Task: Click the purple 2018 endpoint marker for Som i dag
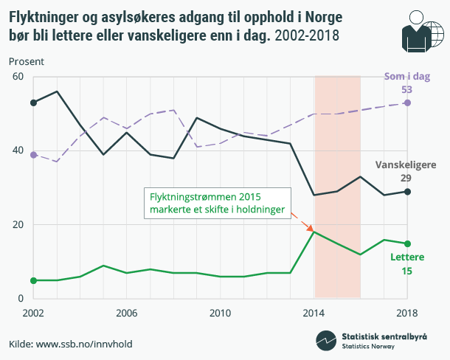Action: pos(408,103)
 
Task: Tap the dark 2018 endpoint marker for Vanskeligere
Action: pos(408,192)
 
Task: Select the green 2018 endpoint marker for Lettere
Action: pos(408,243)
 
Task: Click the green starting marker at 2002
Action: pos(33,280)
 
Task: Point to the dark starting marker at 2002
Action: pos(33,103)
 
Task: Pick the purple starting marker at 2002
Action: pos(33,155)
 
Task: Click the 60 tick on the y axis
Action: pos(18,77)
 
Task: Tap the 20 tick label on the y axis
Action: pos(18,225)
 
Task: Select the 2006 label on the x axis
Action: pos(126,313)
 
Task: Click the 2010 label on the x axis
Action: pos(220,313)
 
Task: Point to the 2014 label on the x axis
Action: pos(314,313)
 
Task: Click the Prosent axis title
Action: pos(26,60)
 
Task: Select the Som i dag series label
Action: pos(406,76)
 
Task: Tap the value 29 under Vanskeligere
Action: pos(406,179)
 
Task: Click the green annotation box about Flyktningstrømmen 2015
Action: pos(217,203)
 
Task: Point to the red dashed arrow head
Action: pos(311,228)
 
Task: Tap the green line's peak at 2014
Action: pos(314,232)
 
